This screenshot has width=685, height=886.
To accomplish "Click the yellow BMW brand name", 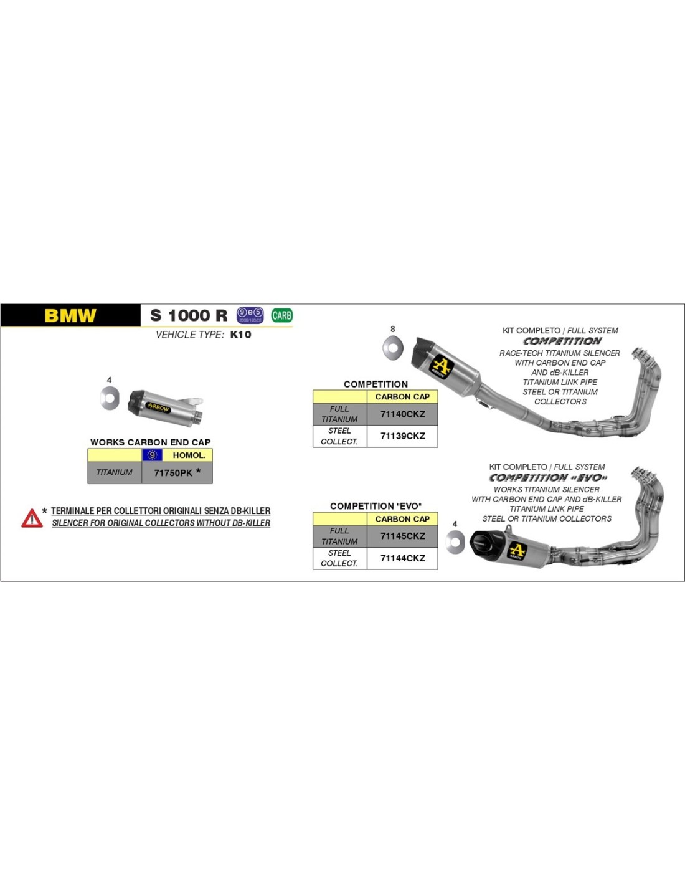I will [x=70, y=316].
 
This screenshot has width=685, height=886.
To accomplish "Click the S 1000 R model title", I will [x=189, y=316].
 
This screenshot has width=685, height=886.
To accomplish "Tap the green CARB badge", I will [x=281, y=315].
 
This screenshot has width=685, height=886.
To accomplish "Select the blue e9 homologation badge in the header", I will [x=250, y=315].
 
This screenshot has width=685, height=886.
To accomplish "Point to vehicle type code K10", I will [x=240, y=335].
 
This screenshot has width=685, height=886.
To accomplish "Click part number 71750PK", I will [x=173, y=473].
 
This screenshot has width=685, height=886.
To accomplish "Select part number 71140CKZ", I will [x=402, y=414].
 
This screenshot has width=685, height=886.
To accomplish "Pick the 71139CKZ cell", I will [x=402, y=436].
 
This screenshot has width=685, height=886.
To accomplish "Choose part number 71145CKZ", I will [x=402, y=536].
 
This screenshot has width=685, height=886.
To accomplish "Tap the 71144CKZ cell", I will [x=402, y=558].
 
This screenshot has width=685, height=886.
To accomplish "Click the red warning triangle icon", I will [x=32, y=518].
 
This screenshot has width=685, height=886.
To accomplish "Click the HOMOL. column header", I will [x=189, y=455].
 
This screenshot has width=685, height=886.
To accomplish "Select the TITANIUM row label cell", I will [x=115, y=472].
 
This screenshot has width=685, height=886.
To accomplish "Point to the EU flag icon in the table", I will [x=152, y=455].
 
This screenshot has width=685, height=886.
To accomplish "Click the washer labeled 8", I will [x=392, y=347].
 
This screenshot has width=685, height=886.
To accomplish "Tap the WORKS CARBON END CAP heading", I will [x=150, y=442].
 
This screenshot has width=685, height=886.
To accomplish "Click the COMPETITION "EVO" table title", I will [x=376, y=506].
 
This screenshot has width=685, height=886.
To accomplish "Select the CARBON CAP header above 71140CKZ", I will [x=402, y=396].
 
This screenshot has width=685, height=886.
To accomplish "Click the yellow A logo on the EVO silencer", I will [x=517, y=551].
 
